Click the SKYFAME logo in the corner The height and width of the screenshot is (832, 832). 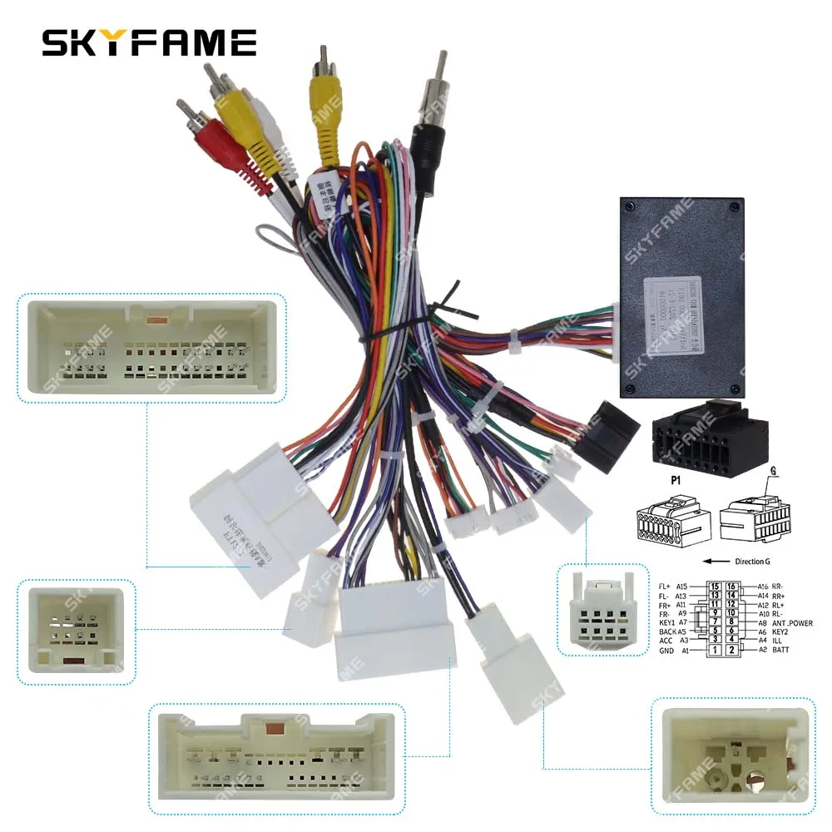(150, 42)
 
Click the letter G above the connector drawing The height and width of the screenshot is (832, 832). (773, 471)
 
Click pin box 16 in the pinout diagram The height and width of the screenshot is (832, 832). (730, 586)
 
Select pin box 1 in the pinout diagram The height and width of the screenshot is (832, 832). (713, 649)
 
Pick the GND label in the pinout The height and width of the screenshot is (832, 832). (666, 650)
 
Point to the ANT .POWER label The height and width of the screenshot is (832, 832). (790, 622)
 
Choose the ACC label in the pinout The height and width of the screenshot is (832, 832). (666, 640)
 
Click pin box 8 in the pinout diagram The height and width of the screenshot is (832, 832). (730, 622)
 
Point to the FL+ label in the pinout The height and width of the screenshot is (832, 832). (664, 586)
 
